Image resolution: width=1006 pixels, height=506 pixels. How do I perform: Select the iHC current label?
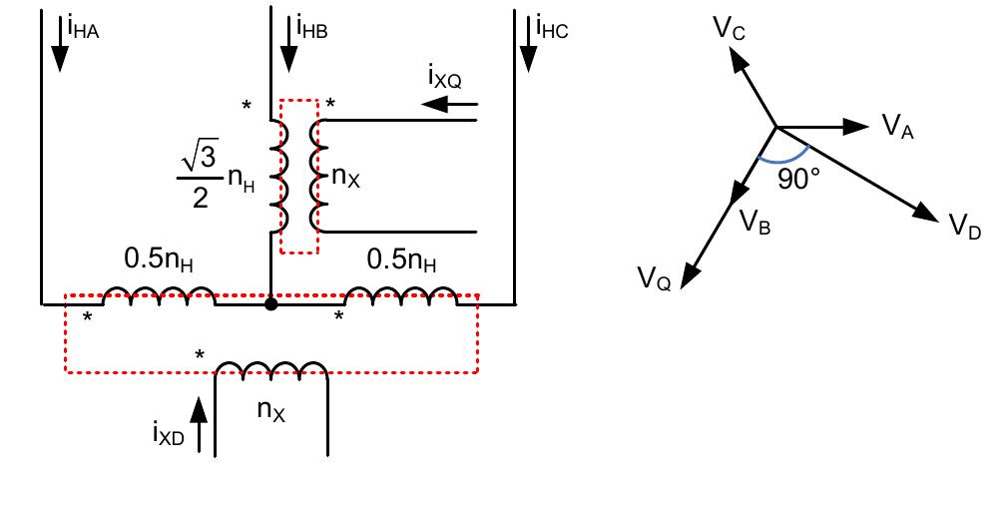click(x=551, y=27)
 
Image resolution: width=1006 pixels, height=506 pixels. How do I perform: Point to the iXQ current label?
click(x=445, y=78)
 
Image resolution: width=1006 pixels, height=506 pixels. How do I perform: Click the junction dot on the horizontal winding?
click(x=270, y=303)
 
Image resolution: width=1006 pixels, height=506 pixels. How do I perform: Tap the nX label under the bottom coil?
click(x=271, y=409)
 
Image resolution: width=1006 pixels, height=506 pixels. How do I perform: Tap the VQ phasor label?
click(x=655, y=277)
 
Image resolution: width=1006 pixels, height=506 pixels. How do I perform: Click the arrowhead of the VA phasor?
click(x=857, y=126)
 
